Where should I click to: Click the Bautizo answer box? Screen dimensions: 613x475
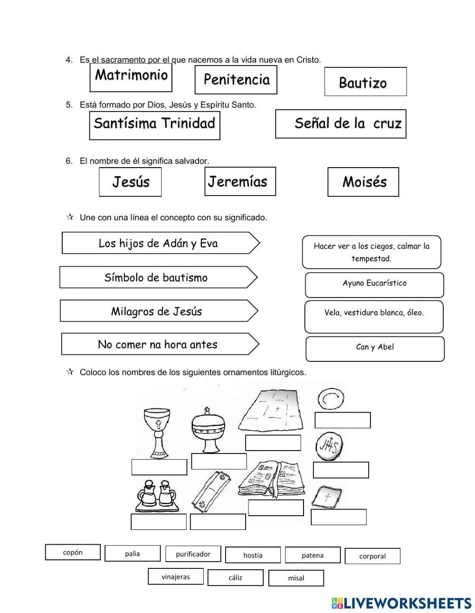365,82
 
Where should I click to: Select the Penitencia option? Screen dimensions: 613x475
236,80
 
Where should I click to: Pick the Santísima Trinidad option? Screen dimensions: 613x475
154,124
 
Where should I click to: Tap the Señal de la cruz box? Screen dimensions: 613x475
341,124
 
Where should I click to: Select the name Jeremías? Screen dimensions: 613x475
240,181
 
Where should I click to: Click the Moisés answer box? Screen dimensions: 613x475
363,182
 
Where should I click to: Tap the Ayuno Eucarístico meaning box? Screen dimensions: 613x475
374,284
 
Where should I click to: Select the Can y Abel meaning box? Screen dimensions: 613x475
375,348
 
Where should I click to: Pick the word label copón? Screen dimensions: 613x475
73,552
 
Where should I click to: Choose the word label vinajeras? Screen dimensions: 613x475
175,577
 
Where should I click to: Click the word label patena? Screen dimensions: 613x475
313,555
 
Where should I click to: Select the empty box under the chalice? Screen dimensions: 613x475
159,467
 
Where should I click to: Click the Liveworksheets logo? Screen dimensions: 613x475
401,603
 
